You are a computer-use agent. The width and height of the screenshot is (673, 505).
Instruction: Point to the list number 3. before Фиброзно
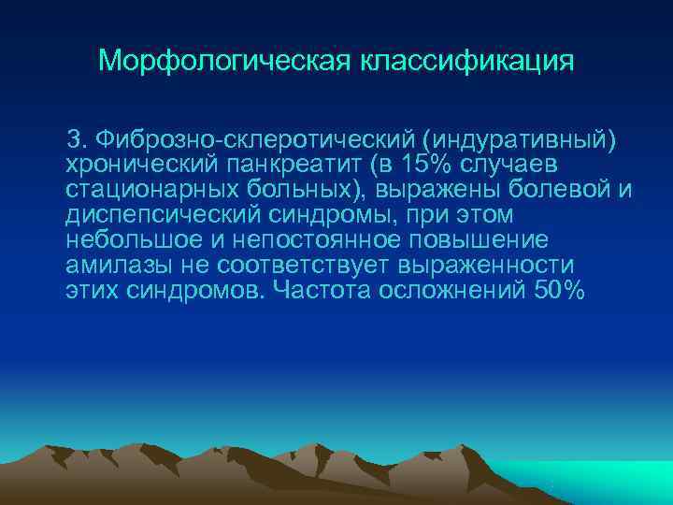coord(75,139)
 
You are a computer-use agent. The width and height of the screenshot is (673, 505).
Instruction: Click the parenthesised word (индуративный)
coord(520,139)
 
